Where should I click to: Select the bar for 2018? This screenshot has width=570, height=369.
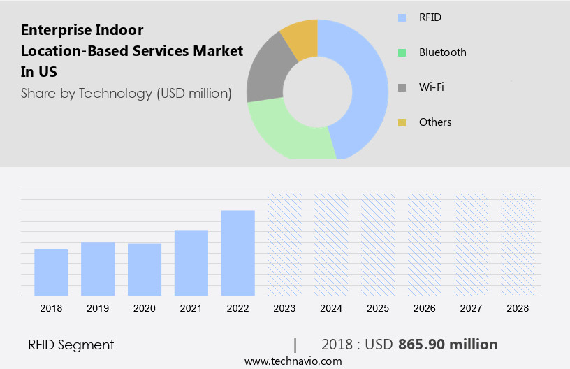pos(51,272)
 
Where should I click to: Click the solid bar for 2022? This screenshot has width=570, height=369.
pos(238,252)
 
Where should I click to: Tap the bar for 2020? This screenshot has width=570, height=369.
pos(145,269)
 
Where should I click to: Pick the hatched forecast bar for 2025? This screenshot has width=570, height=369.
pos(378,244)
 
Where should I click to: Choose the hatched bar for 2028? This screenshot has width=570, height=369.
pos(518,244)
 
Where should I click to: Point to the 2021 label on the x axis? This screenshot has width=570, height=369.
pos(191,307)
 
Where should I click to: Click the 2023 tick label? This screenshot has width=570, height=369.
pos(285,307)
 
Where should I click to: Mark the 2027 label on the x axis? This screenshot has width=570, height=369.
pos(472,307)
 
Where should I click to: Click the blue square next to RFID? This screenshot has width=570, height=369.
pos(402,17)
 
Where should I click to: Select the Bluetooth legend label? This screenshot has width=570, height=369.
pos(442,52)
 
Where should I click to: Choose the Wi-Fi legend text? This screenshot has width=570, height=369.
pos(431,87)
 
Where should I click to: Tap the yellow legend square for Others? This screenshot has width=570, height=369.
pos(402,122)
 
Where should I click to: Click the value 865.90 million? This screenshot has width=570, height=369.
pos(447,345)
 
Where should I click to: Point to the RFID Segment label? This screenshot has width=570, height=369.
pos(71,345)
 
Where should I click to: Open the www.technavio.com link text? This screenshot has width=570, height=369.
pos(293,361)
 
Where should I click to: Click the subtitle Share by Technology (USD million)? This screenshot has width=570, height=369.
pos(126,93)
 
